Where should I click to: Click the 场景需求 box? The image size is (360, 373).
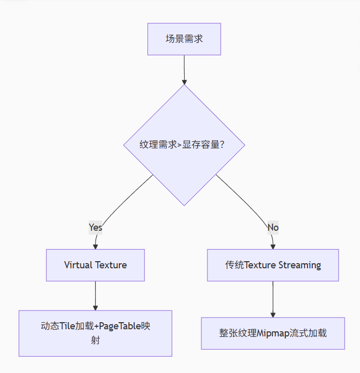click(184, 39)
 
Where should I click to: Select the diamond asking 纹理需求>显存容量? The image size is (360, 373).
click(184, 145)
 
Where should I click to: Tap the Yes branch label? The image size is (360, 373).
click(96, 227)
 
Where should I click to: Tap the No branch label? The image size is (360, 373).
click(273, 227)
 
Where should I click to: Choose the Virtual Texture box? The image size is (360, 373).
click(96, 265)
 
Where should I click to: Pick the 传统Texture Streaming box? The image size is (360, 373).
click(273, 265)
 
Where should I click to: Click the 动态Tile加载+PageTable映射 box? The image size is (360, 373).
click(96, 333)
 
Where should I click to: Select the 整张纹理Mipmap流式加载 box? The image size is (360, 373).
click(273, 333)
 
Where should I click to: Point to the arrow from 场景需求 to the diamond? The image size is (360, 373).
click(184, 69)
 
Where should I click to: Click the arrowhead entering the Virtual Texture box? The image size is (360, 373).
click(95, 246)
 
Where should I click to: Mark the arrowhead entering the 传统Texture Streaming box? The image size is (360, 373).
click(273, 246)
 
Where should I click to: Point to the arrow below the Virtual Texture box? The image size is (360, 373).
click(96, 295)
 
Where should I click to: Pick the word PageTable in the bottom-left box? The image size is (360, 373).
click(121, 326)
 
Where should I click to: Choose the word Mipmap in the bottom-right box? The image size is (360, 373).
click(274, 333)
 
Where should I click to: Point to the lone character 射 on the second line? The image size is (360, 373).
click(96, 340)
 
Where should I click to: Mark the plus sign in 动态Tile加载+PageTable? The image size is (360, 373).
click(97, 326)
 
